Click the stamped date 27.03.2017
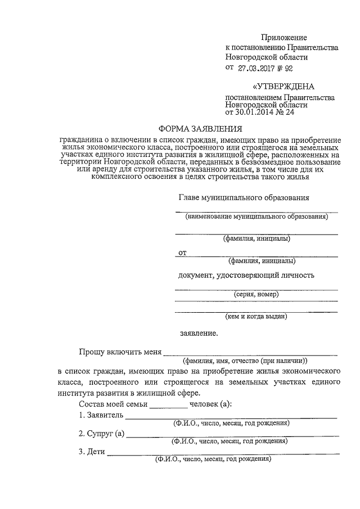point(258,69)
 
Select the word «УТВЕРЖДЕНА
point(282,87)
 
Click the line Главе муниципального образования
point(243,198)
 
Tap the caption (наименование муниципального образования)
point(256,216)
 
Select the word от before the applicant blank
point(182,253)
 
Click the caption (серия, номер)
point(256,294)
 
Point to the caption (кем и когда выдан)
point(256,316)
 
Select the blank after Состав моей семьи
point(168,404)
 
